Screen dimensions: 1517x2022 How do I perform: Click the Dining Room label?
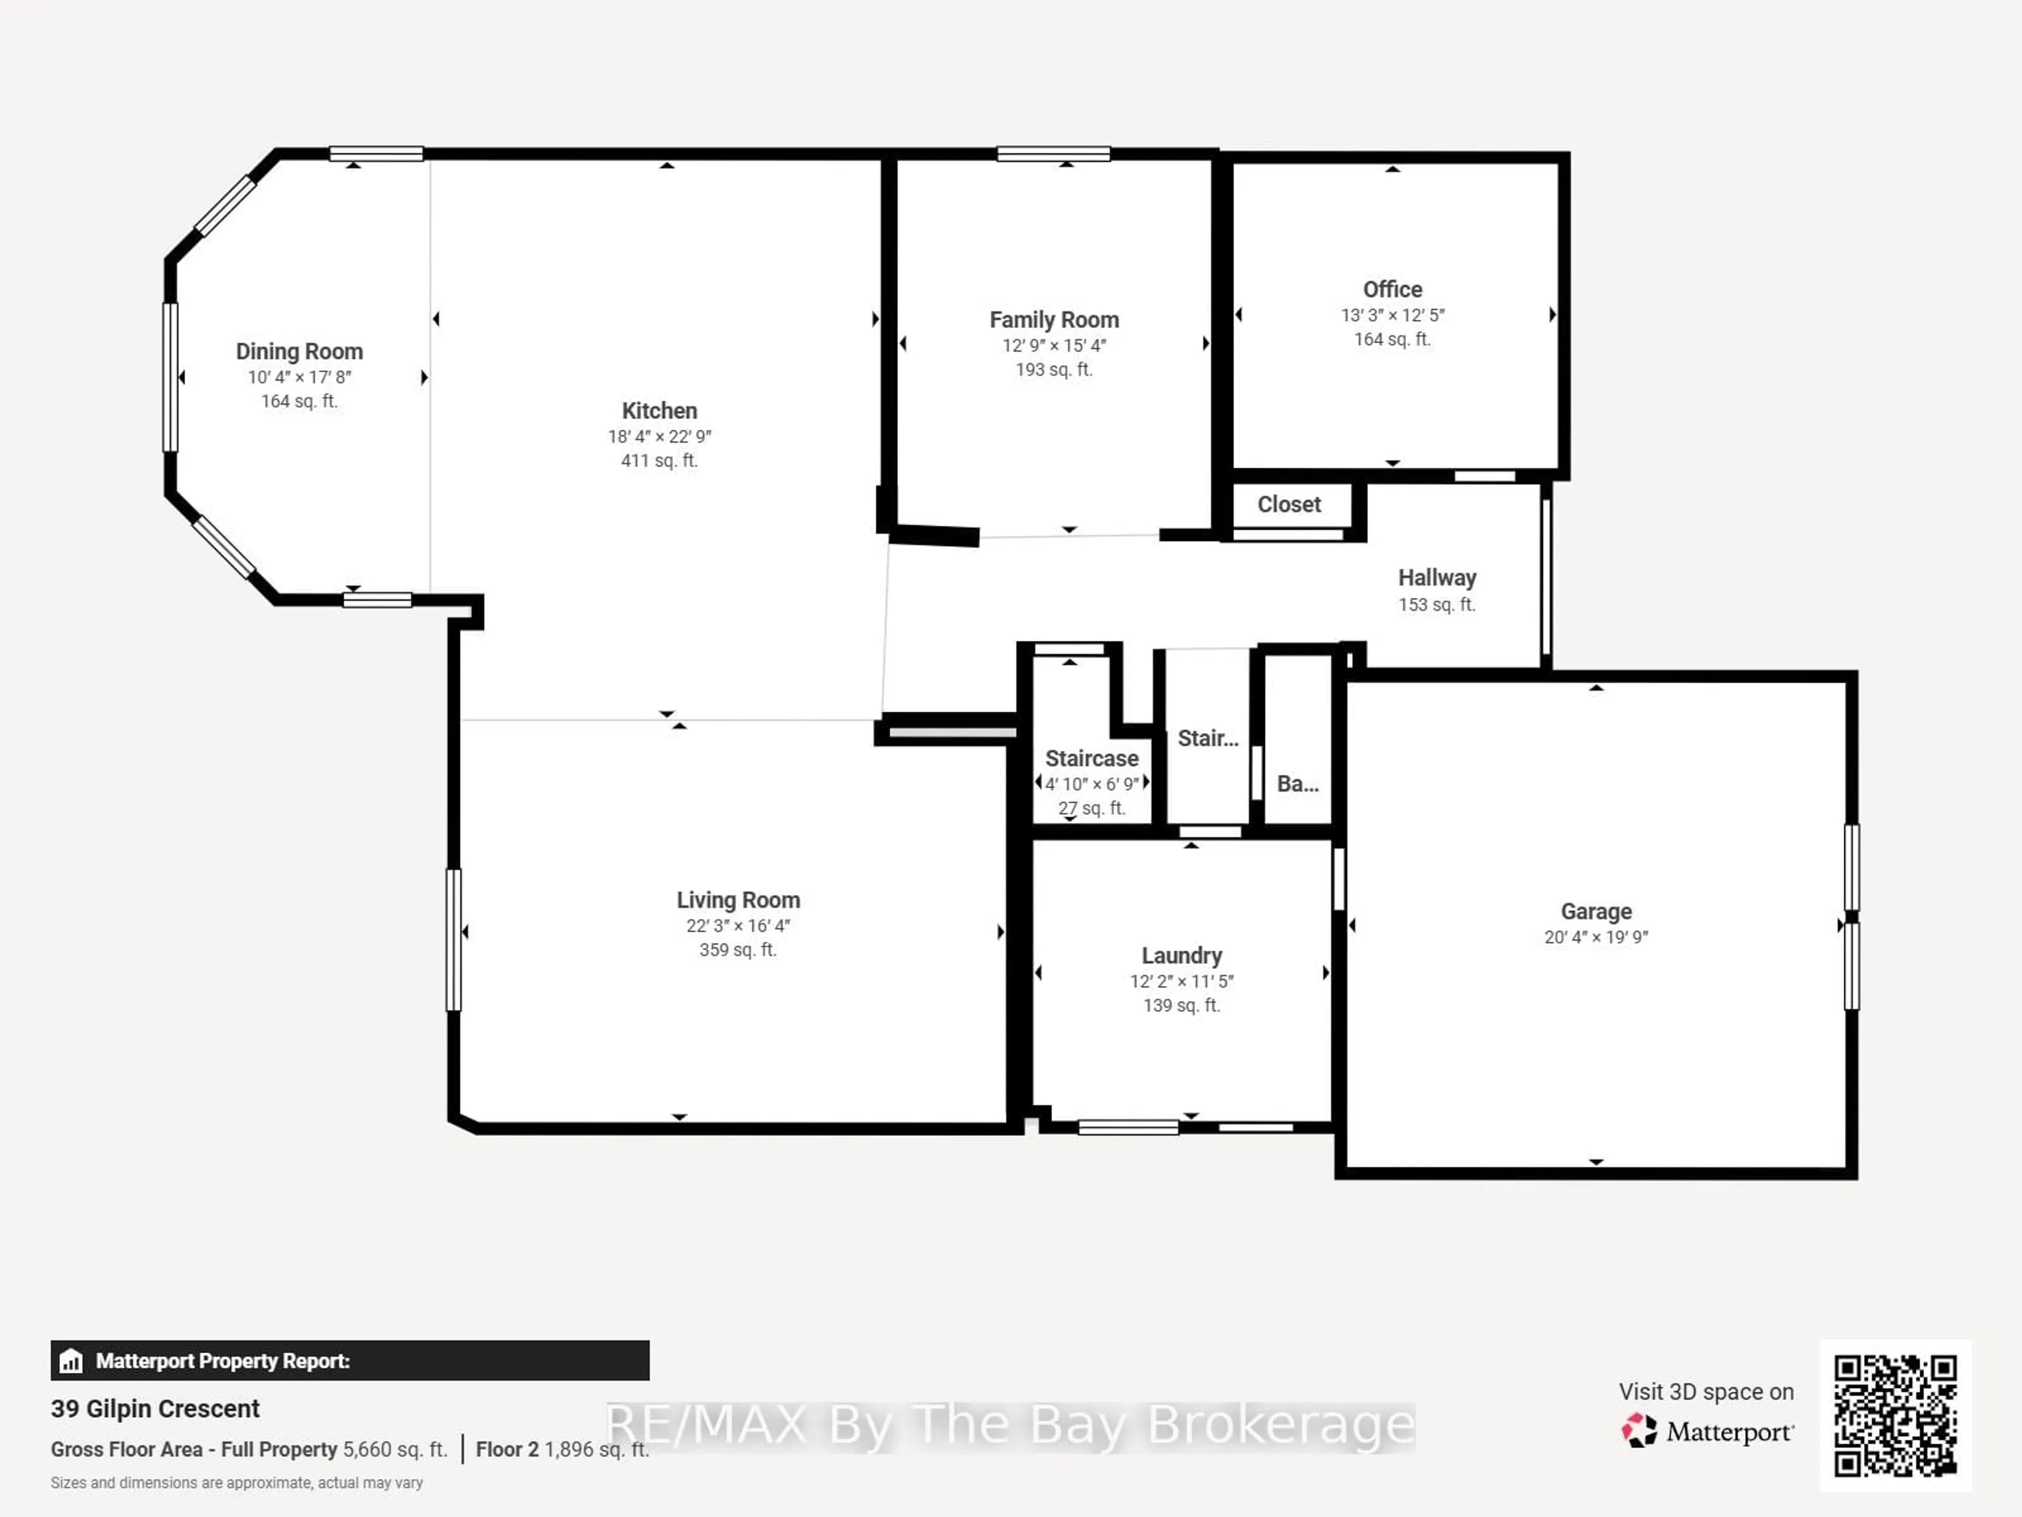click(299, 351)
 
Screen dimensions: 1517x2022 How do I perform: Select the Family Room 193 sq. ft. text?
click(1054, 369)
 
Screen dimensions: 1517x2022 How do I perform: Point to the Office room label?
click(1392, 289)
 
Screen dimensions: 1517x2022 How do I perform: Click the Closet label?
click(1289, 504)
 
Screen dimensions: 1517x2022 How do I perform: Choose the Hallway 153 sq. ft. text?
click(1436, 604)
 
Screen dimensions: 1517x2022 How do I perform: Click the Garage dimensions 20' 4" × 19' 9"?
click(1596, 937)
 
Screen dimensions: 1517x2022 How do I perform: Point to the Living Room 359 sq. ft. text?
click(738, 950)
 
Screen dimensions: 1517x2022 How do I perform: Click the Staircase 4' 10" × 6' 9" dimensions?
click(1092, 784)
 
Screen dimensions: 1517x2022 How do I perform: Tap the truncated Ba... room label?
click(1297, 784)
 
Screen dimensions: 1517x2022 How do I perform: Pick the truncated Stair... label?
click(1207, 738)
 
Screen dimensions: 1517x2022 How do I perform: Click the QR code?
click(1895, 1415)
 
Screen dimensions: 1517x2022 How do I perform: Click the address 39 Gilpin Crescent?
click(155, 1408)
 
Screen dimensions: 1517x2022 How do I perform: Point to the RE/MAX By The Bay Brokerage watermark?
click(1010, 1425)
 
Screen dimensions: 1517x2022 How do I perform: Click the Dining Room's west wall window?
click(170, 377)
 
